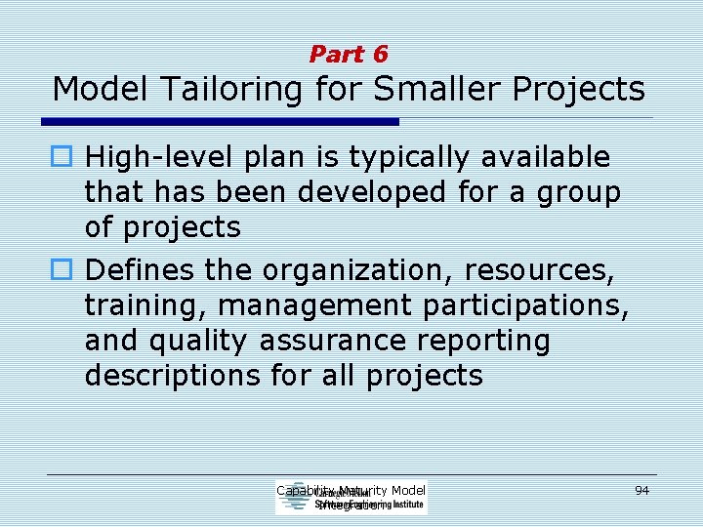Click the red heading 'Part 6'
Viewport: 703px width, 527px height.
tap(349, 55)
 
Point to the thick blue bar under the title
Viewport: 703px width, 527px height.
tap(220, 122)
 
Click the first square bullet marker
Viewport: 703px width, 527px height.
tap(66, 157)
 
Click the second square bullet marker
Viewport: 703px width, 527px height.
tap(66, 268)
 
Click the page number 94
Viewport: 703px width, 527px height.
tap(641, 490)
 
